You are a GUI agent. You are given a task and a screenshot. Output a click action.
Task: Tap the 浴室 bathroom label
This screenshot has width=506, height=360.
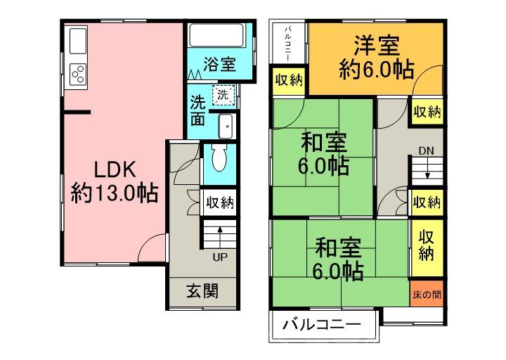pyautogui.click(x=219, y=65)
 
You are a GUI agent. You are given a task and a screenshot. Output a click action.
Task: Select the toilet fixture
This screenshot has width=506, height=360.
pyautogui.click(x=218, y=158)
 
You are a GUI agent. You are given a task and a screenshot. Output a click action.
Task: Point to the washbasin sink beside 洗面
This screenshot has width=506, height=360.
pyautogui.click(x=226, y=126)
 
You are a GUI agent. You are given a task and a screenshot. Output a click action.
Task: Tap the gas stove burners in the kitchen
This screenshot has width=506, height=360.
pyautogui.click(x=78, y=72)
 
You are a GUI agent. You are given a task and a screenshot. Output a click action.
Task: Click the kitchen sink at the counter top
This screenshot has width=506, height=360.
pyautogui.click(x=77, y=37)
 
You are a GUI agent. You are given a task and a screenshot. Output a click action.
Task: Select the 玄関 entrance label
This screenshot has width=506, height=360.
pyautogui.click(x=202, y=290)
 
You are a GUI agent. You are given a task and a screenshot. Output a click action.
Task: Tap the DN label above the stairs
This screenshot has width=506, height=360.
pyautogui.click(x=426, y=150)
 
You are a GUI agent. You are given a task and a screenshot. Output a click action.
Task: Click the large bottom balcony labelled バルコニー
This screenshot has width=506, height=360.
pyautogui.click(x=321, y=326)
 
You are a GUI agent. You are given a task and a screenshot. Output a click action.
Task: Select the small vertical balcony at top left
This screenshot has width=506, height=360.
pyautogui.click(x=288, y=43)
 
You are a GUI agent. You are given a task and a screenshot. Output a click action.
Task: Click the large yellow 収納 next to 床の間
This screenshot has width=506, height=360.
pyautogui.click(x=427, y=244)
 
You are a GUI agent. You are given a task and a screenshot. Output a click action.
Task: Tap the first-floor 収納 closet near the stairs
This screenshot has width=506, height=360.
pyautogui.click(x=219, y=203)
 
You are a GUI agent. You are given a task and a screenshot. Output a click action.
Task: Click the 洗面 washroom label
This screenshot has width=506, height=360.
pyautogui.click(x=198, y=110)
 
